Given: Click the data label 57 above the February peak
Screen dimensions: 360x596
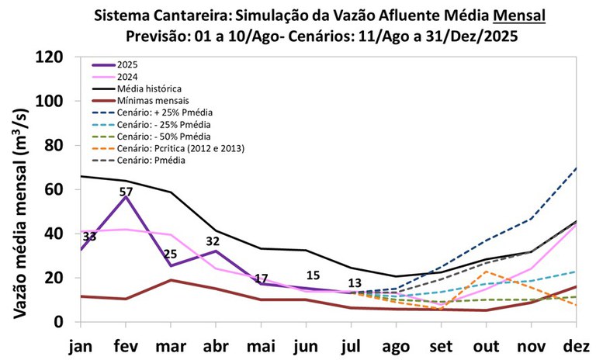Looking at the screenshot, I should pyautogui.click(x=126, y=192).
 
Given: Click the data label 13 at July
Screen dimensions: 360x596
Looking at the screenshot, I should pyautogui.click(x=355, y=283).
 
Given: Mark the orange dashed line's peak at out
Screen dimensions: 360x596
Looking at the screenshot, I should pyautogui.click(x=487, y=271).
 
